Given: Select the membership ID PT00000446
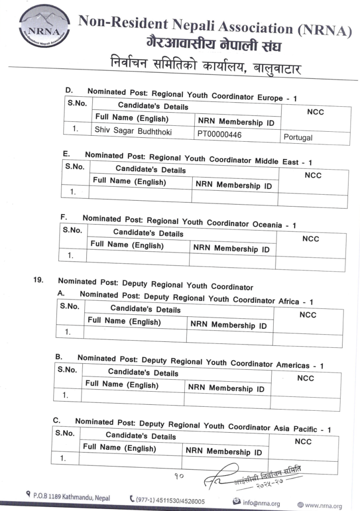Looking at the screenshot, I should tap(220, 134).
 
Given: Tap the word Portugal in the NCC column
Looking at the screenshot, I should tap(298, 137).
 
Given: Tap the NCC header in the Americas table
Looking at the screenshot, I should tap(305, 378).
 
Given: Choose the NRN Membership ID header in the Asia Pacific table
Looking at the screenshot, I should tap(224, 452).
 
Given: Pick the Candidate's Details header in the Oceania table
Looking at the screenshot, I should tap(148, 233).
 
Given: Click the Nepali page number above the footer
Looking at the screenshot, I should tap(179, 476).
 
